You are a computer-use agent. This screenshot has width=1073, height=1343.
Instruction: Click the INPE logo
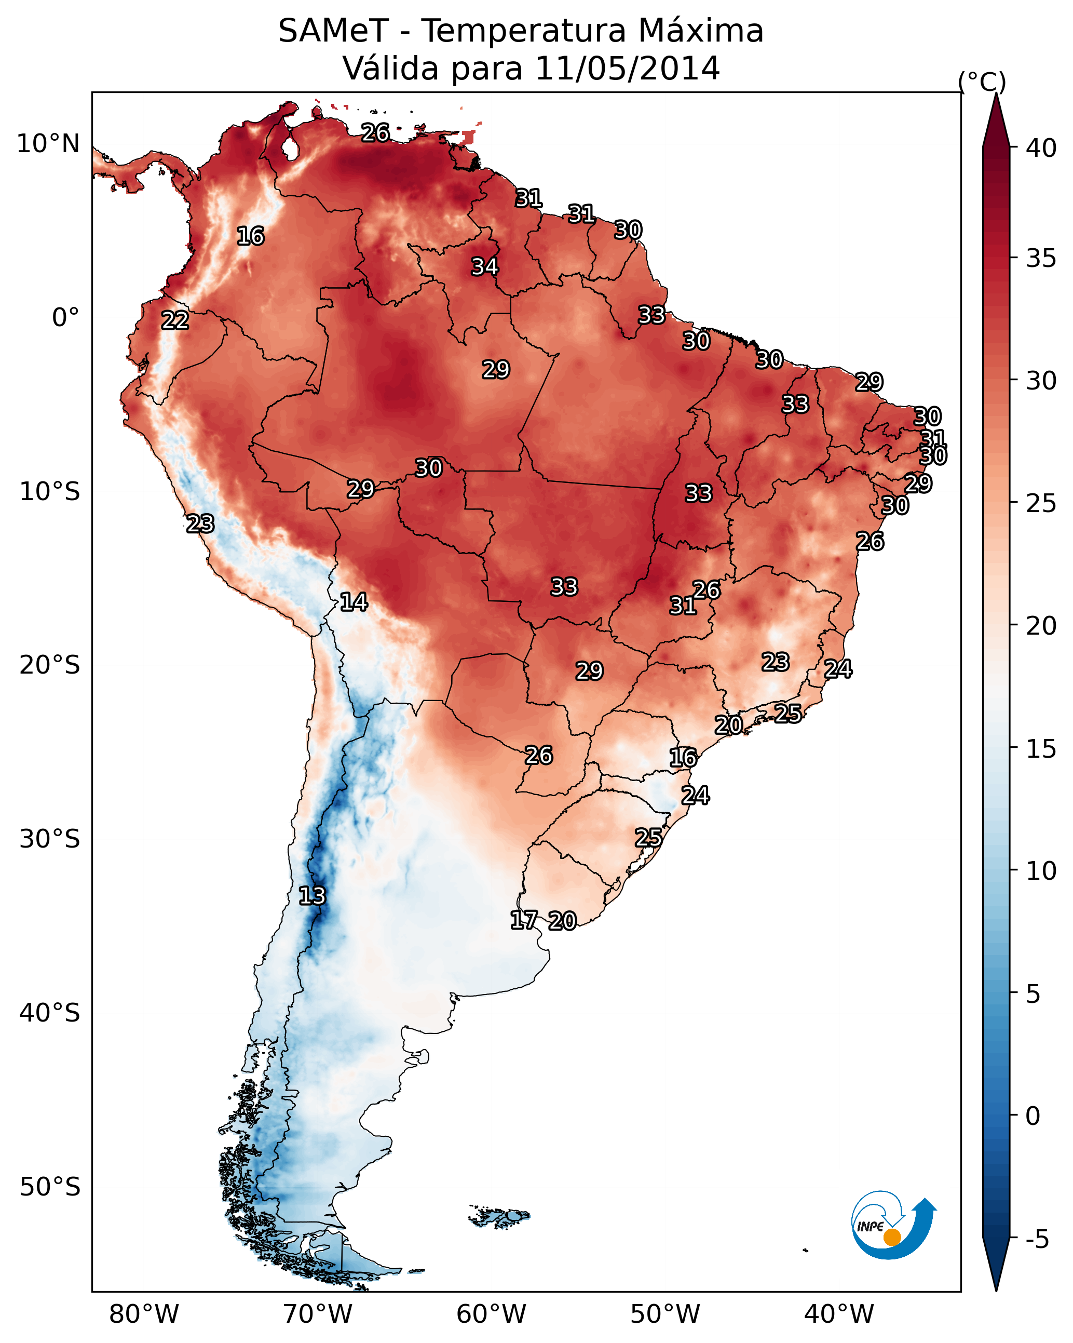pos(894,1225)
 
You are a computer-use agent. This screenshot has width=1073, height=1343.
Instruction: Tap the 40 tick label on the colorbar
pos(1041,148)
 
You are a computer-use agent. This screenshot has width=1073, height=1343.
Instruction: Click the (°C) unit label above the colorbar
pos(982,81)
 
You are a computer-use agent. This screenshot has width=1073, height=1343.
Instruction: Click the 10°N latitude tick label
pos(48,144)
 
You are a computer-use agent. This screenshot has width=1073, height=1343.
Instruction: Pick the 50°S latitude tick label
pos(50,1187)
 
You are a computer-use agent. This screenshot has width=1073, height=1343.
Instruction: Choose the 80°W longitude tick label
pos(144,1314)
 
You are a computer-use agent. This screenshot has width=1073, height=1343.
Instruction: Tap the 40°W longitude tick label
pos(839,1314)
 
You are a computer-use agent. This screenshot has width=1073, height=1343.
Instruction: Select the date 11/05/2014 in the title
pos(627,69)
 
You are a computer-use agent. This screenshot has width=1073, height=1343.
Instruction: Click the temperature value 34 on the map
pos(484,266)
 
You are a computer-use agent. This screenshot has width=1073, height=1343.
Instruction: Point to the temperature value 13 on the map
pos(312,896)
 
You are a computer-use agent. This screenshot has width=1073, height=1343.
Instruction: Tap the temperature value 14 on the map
pos(354,602)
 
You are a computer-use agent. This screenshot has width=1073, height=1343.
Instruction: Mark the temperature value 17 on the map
pos(524,920)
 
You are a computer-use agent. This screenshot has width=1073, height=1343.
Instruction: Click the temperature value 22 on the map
pos(175,320)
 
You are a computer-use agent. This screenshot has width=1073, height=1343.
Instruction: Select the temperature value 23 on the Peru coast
pos(200,524)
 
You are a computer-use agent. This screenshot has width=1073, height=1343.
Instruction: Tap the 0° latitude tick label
pos(65,318)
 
